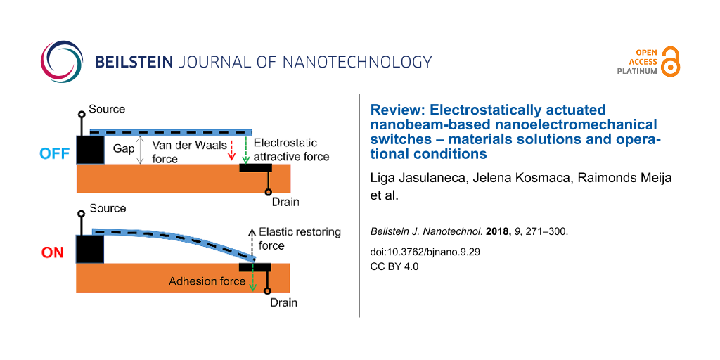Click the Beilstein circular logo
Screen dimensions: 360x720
point(61,62)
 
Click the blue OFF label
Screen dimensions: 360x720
point(53,153)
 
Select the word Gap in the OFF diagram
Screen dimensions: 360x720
point(124,149)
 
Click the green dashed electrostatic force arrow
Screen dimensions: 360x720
point(244,150)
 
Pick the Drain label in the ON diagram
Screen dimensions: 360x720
point(284,302)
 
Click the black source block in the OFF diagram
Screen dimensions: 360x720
point(89,150)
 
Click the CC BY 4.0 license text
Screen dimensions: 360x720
point(394,266)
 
